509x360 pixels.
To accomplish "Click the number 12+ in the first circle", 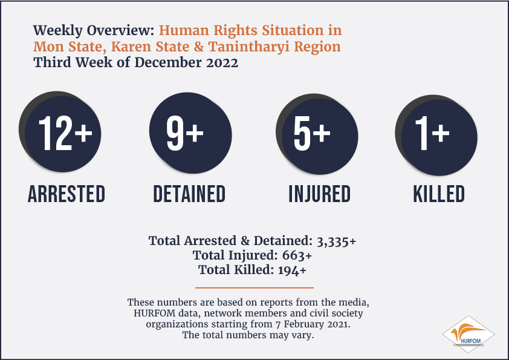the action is (65, 133).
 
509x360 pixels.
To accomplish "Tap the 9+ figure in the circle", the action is (185, 133).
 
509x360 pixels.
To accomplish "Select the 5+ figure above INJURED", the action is (312, 133).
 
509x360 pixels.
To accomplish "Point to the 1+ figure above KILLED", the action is (432, 133).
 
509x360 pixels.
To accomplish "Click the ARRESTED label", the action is (66, 194).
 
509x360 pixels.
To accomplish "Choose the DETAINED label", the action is (189, 194).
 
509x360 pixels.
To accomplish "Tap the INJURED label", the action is (320, 194).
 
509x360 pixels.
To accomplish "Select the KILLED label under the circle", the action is (439, 194).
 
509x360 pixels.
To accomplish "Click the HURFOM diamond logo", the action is (468, 335).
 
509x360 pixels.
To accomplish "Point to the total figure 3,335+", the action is (336, 241).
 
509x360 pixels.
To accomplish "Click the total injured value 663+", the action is (297, 255).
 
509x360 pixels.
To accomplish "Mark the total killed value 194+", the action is (292, 270).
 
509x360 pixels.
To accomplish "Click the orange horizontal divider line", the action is (254, 287).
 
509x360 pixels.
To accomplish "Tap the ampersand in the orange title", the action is (199, 47).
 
